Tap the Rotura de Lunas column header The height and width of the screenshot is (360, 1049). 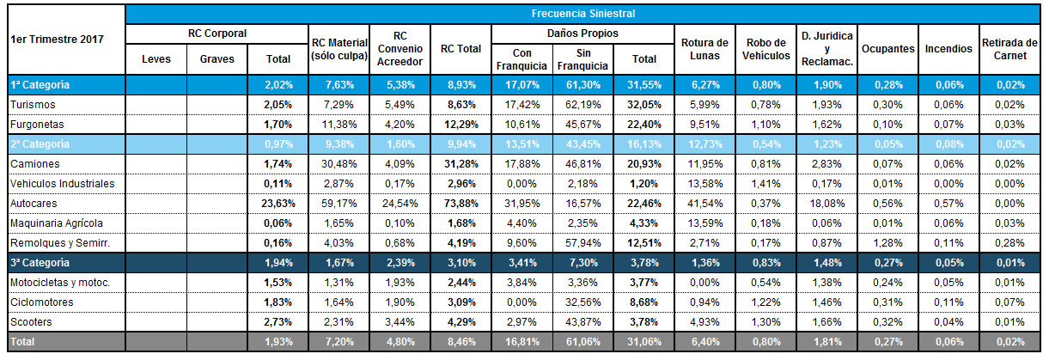[704, 49]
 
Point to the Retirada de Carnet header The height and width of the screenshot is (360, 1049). [1009, 49]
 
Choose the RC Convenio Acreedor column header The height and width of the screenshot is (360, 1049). [399, 49]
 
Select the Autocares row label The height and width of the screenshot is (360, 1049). [33, 203]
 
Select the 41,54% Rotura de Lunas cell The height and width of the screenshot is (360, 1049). [704, 203]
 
